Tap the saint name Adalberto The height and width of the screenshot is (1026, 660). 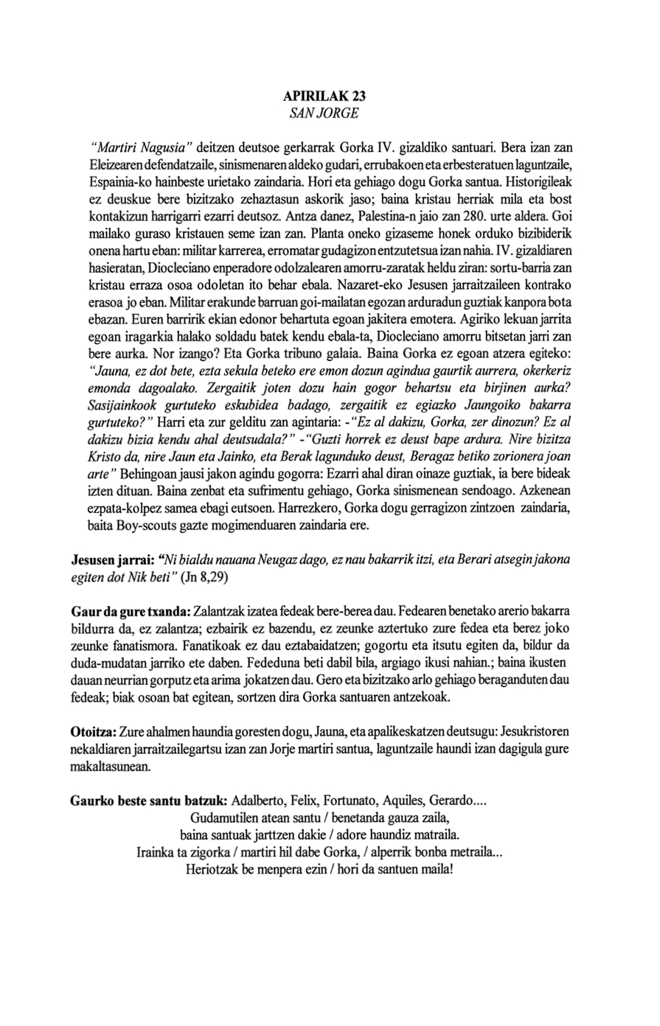click(258, 800)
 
